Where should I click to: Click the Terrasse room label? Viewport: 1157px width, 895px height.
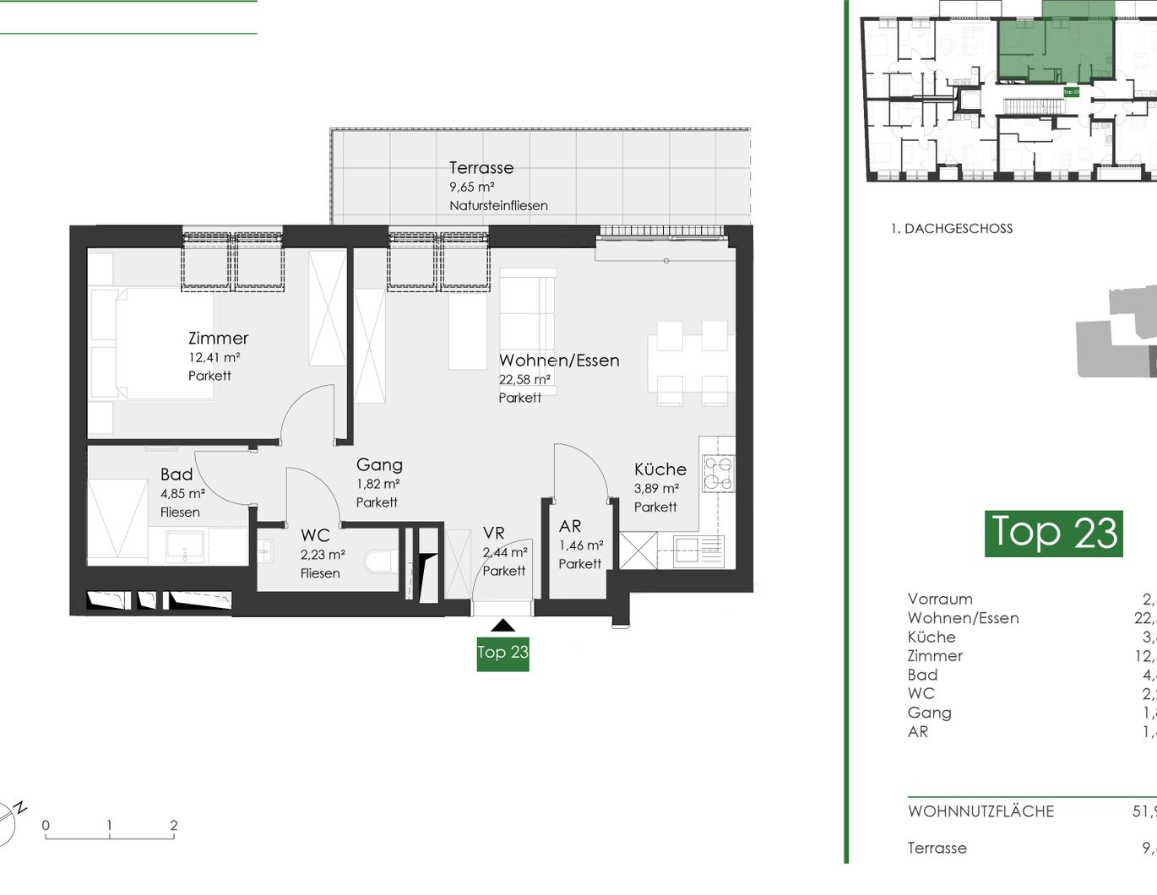tap(481, 168)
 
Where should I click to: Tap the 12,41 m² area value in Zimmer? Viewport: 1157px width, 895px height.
tap(214, 357)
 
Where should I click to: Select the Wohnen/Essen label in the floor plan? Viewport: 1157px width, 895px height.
tap(558, 361)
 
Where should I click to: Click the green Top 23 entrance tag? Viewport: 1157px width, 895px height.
tap(502, 653)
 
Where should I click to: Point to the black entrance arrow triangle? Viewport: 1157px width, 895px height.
tap(502, 626)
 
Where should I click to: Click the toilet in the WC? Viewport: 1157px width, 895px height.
tap(381, 561)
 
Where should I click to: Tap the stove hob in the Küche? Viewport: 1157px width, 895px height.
tap(718, 474)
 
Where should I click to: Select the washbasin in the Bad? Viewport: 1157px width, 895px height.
tap(183, 547)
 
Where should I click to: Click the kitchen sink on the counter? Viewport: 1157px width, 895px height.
tap(698, 552)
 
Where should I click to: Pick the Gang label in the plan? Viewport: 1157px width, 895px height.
tap(379, 464)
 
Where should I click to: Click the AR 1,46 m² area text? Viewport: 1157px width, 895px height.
tap(580, 545)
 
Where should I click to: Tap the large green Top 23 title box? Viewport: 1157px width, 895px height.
tap(1053, 533)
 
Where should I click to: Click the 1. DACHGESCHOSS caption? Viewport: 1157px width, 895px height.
tap(951, 229)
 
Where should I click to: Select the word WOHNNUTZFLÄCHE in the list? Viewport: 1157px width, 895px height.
tap(980, 811)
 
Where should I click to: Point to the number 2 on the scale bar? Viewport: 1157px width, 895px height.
tap(173, 826)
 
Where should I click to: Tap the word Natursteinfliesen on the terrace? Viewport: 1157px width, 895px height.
tap(498, 206)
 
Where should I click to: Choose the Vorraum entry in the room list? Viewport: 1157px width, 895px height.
tap(940, 599)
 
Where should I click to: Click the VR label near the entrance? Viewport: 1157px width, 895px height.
tap(493, 534)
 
